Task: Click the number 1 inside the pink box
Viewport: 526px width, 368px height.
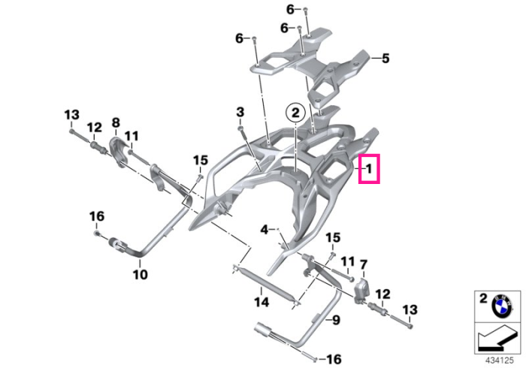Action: click(x=369, y=168)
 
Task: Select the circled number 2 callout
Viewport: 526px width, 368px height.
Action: click(x=295, y=113)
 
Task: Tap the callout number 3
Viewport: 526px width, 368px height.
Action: click(x=240, y=112)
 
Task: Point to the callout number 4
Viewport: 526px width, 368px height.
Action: click(x=265, y=230)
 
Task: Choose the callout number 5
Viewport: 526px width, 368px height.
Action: click(x=385, y=59)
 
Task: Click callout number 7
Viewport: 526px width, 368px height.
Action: click(x=364, y=265)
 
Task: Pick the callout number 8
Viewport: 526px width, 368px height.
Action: click(x=116, y=122)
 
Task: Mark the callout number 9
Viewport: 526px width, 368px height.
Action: click(x=336, y=320)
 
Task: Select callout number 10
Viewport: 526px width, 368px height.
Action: click(x=141, y=274)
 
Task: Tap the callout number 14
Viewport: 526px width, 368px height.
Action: click(x=261, y=302)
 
